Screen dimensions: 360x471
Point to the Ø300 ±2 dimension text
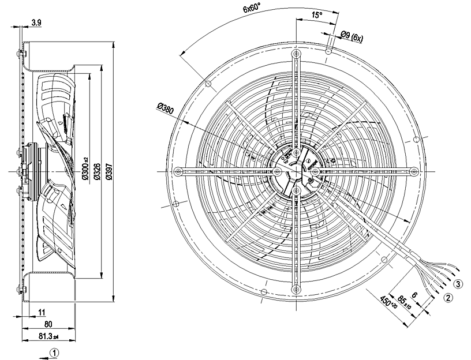[x=86, y=171]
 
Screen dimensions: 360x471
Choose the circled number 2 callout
[x=447, y=298]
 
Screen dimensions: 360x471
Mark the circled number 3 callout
[x=457, y=284]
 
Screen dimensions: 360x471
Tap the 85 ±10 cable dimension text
[x=405, y=299]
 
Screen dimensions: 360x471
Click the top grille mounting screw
[x=296, y=54]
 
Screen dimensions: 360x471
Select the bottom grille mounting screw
[x=296, y=289]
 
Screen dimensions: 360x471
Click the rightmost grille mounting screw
[x=414, y=171]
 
